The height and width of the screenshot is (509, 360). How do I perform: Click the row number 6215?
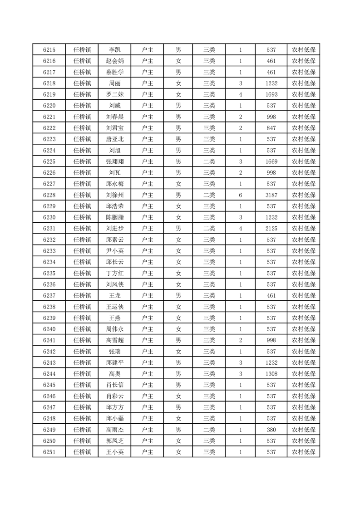pyautogui.click(x=49, y=50)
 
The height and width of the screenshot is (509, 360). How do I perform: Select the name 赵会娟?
pyautogui.click(x=114, y=61)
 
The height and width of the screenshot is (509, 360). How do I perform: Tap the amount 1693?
pyautogui.click(x=271, y=95)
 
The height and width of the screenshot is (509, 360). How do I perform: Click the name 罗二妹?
pyautogui.click(x=114, y=95)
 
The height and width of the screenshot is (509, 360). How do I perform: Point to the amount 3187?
pyautogui.click(x=271, y=195)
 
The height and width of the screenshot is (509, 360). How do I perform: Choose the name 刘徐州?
pyautogui.click(x=114, y=195)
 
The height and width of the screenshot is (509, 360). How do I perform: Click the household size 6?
pyautogui.click(x=240, y=195)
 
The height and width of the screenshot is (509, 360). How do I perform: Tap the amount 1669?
pyautogui.click(x=271, y=162)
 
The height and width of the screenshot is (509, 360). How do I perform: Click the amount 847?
pyautogui.click(x=271, y=128)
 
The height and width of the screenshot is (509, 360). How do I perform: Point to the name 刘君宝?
pyautogui.click(x=114, y=128)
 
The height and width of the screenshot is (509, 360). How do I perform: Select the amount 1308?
pyautogui.click(x=271, y=373)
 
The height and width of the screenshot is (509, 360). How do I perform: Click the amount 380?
pyautogui.click(x=271, y=429)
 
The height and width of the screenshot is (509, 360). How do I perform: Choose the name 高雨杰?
pyautogui.click(x=114, y=429)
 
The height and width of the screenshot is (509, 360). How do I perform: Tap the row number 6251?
pyautogui.click(x=49, y=452)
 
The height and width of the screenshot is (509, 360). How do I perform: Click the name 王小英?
pyautogui.click(x=114, y=452)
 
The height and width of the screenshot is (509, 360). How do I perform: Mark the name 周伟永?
pyautogui.click(x=114, y=329)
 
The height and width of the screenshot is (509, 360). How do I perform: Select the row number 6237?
pyautogui.click(x=49, y=295)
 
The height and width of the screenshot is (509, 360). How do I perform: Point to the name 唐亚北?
pyautogui.click(x=114, y=139)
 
